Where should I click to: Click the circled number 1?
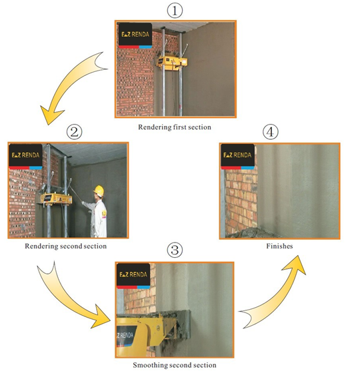tap(175, 11)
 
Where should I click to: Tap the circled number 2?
tap(74, 132)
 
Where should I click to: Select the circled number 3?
tap(175, 250)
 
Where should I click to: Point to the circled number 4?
tap(271, 132)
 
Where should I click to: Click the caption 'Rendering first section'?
tap(175, 127)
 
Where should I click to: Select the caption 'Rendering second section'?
tap(65, 246)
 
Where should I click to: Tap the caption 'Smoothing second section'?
tap(175, 365)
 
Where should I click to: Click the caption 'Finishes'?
tap(279, 246)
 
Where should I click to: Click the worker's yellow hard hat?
tap(99, 190)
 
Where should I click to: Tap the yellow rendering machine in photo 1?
tap(172, 63)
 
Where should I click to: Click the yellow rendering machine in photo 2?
tap(56, 198)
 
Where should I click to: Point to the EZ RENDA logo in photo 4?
tap(237, 157)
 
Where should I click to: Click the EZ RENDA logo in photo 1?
tap(135, 35)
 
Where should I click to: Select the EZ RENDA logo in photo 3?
tap(133, 276)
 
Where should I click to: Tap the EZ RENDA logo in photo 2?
tap(25, 157)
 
